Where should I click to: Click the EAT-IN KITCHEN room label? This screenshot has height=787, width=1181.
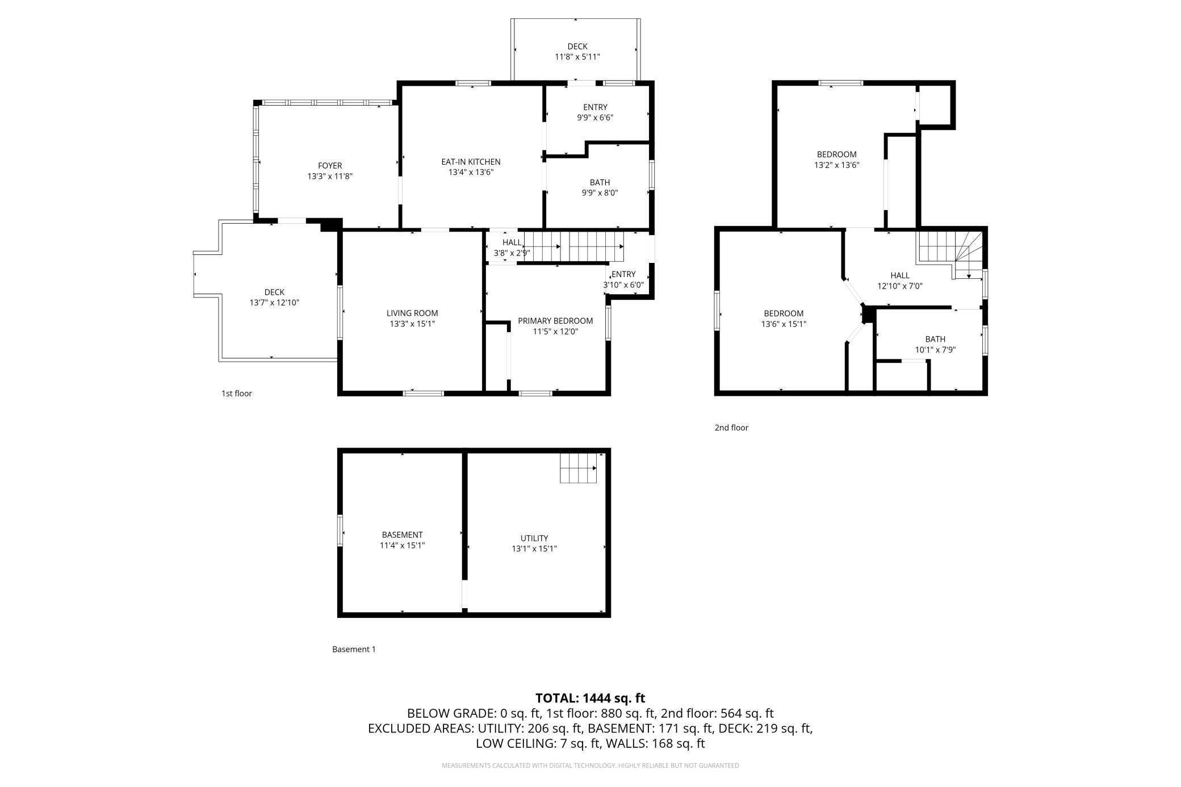click(471, 162)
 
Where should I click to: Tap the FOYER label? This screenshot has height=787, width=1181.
click(330, 166)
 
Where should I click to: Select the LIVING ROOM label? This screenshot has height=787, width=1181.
click(412, 313)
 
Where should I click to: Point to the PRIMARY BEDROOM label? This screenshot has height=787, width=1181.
click(555, 321)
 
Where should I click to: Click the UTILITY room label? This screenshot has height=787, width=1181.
click(534, 538)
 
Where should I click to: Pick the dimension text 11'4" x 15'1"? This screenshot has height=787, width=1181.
click(402, 546)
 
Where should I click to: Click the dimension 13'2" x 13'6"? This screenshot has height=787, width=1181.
click(836, 165)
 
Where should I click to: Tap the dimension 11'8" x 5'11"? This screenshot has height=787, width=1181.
click(577, 57)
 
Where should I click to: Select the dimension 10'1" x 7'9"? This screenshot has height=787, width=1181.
click(935, 350)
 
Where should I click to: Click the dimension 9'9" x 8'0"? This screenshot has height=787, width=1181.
click(600, 192)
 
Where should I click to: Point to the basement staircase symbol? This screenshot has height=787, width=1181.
click(579, 468)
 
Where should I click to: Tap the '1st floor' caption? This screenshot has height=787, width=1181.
click(237, 393)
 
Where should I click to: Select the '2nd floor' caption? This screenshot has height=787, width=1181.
click(731, 428)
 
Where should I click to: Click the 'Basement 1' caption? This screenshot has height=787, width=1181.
click(354, 649)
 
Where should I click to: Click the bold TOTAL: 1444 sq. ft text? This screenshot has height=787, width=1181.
click(590, 698)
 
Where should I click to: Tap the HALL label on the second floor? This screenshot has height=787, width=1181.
click(900, 275)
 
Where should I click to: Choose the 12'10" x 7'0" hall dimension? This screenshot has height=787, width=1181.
click(900, 286)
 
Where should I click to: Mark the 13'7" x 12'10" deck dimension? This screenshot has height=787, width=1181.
click(274, 303)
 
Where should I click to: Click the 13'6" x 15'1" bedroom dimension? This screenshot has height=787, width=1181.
click(784, 324)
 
